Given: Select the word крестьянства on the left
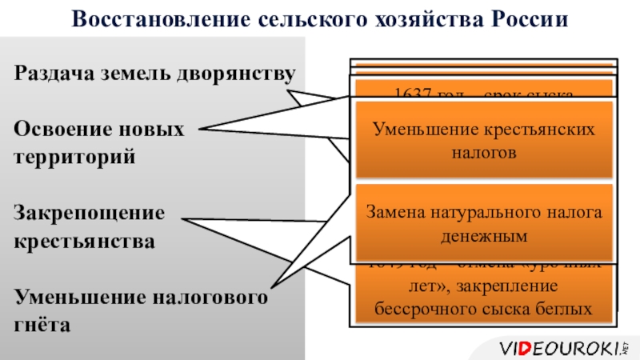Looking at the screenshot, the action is (x=84, y=241).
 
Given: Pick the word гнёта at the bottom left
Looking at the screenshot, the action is (x=42, y=325).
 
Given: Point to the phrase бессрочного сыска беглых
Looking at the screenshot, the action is (x=485, y=307).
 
